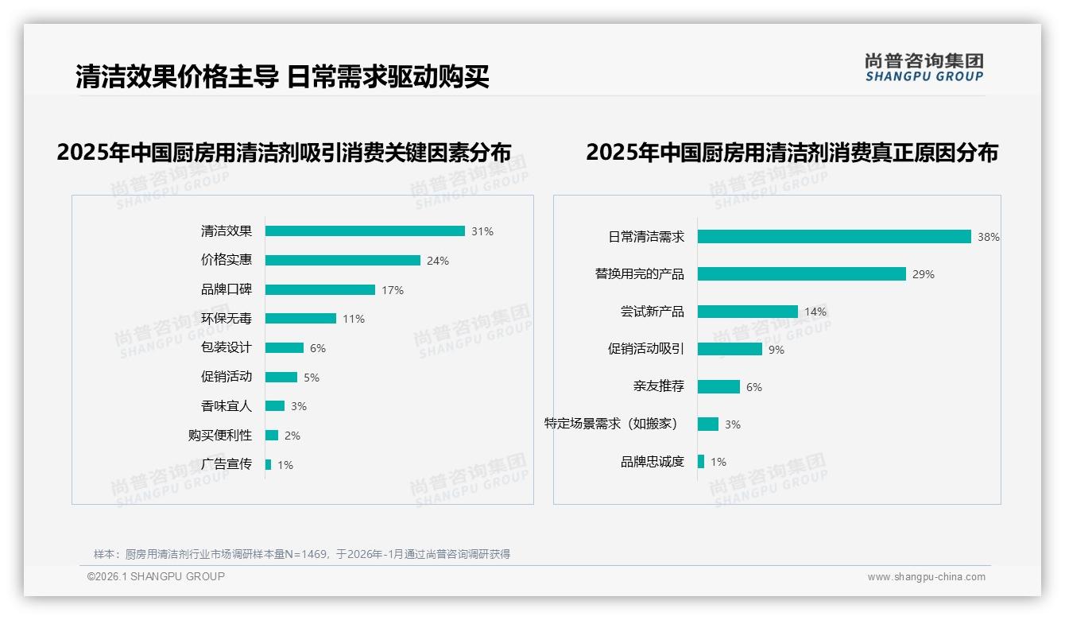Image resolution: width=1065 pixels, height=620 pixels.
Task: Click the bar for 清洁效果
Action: [365, 231]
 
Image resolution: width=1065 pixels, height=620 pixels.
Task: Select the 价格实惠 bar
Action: [343, 260]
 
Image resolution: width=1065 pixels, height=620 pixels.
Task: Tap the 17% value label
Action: [393, 290]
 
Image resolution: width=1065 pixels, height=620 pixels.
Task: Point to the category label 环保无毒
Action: [226, 318]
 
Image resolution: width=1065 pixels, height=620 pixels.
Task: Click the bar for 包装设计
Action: [285, 347]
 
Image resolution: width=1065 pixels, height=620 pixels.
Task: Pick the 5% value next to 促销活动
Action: [312, 378]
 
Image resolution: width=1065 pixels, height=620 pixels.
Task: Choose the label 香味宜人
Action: [226, 405]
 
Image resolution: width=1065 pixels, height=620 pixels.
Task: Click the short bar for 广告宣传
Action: [269, 464]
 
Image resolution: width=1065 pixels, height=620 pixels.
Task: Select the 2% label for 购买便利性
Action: [292, 436]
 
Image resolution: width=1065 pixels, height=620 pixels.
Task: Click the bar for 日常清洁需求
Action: [834, 236]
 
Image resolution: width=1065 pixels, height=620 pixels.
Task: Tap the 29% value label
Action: [924, 274]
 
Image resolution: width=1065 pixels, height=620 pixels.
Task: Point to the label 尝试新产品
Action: [652, 311]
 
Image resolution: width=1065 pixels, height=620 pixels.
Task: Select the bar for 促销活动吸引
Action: [730, 349]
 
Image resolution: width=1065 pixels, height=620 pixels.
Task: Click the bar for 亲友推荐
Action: [718, 386]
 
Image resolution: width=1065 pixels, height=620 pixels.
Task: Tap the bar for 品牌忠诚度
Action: [701, 461]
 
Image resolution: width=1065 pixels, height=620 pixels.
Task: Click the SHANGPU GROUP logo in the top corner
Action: [924, 68]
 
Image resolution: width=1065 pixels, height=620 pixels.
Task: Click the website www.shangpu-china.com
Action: [926, 577]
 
